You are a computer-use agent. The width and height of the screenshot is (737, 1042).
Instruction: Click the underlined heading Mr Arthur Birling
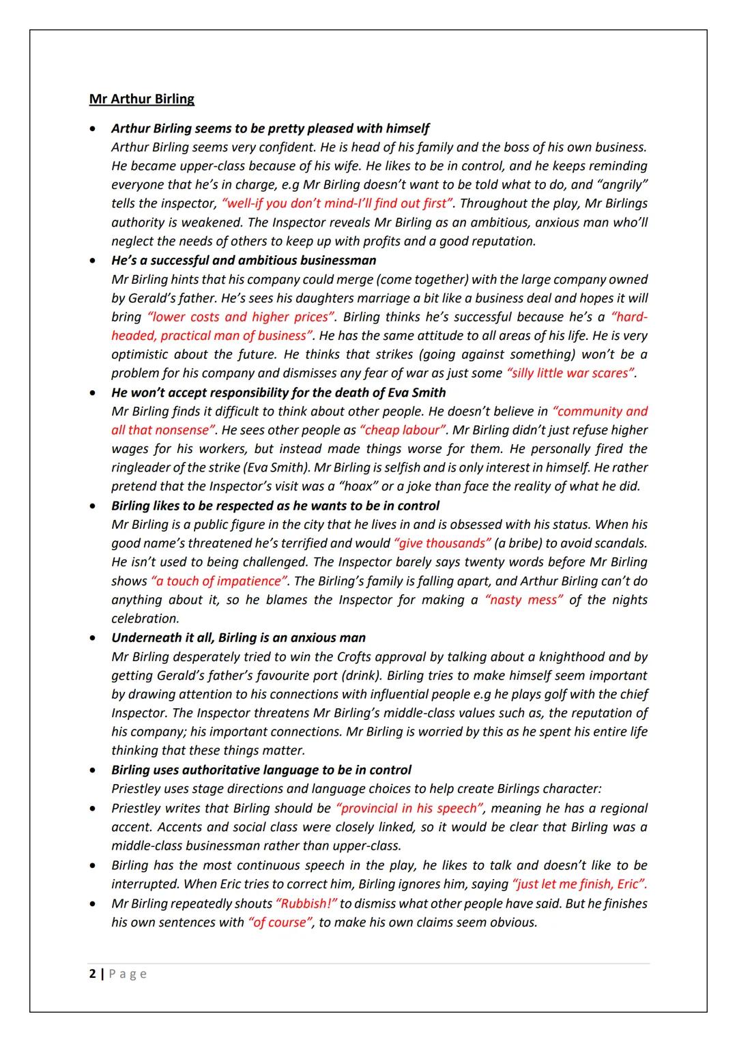[141, 99]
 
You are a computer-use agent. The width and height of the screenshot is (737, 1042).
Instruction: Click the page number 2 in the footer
[92, 974]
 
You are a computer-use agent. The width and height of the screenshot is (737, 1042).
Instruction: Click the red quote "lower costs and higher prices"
[241, 317]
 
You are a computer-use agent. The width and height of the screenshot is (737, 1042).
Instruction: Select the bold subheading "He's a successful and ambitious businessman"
[244, 260]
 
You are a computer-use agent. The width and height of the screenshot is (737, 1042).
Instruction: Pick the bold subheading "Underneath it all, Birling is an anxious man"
[238, 637]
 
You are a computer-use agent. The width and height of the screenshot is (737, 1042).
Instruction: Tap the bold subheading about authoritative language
[261, 770]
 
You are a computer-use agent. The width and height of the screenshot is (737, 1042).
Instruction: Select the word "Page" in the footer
[128, 974]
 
